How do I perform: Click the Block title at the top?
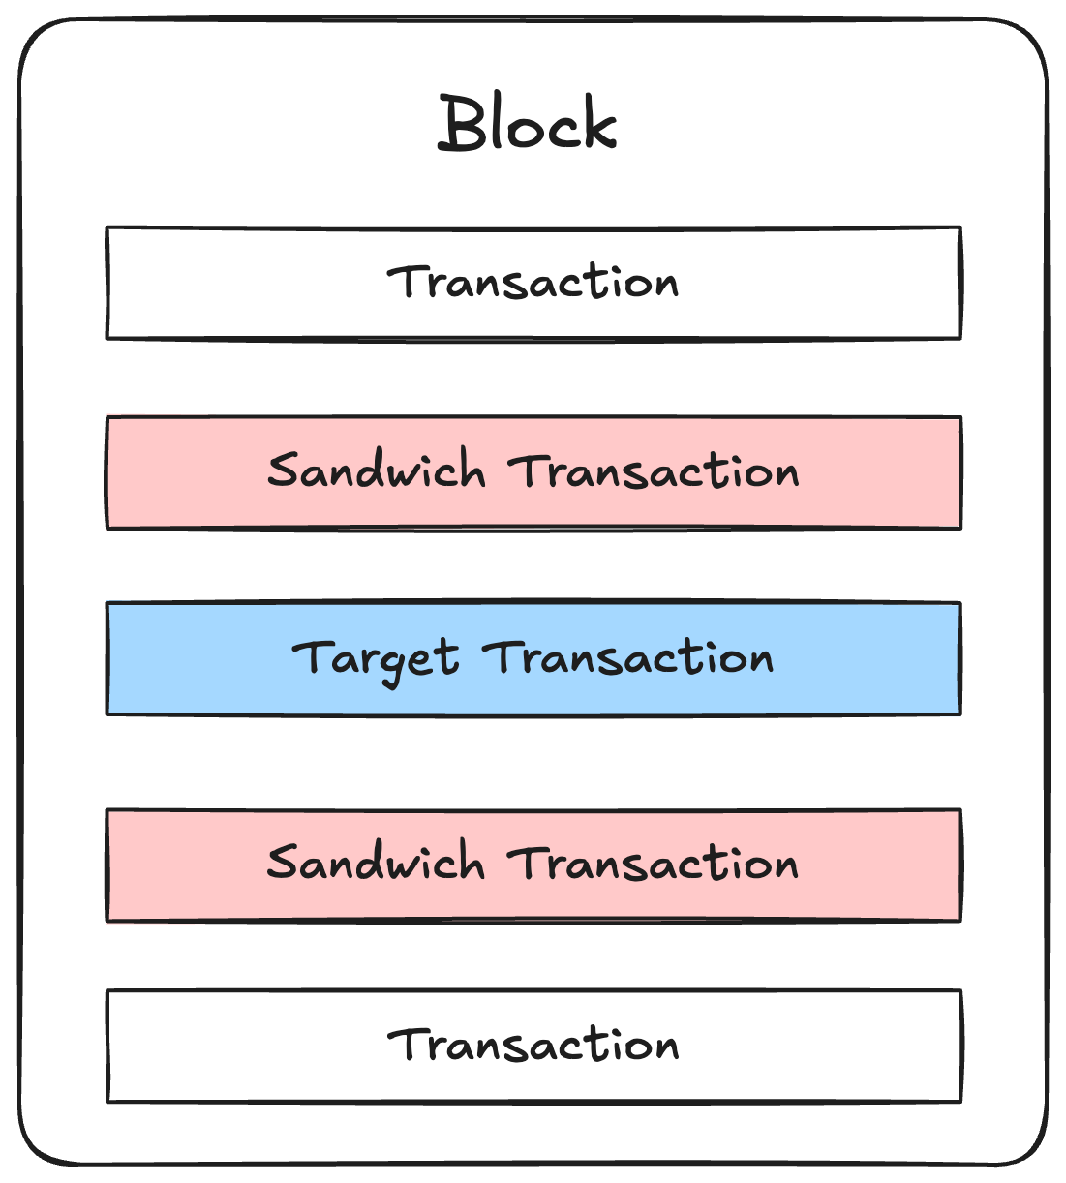[528, 124]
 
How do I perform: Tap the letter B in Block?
[461, 124]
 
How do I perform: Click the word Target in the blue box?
[375, 659]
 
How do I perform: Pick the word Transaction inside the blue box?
[628, 658]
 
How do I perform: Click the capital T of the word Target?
[311, 656]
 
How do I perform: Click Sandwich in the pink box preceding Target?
[376, 471]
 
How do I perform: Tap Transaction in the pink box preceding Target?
[655, 472]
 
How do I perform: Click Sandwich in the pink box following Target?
[376, 863]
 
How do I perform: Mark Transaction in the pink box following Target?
[655, 864]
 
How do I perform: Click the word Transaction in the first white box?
[533, 283]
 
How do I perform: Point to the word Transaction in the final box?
[533, 1046]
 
